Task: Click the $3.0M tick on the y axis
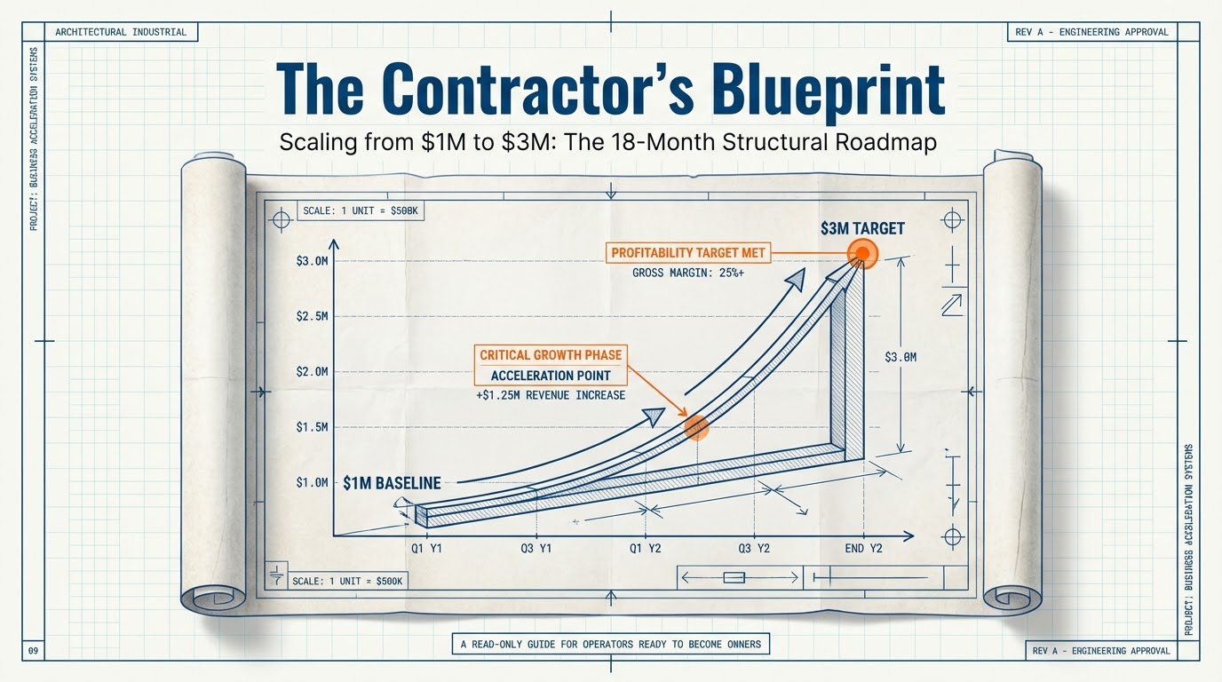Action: pos(313,261)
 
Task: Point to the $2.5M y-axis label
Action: pos(313,317)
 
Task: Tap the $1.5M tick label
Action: pos(313,427)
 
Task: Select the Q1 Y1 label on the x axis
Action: pos(427,549)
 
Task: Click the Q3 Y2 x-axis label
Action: pos(754,549)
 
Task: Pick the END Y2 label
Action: pos(864,549)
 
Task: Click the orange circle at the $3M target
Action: pos(861,254)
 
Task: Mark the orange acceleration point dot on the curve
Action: pos(696,428)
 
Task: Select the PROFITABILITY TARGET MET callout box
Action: pos(687,253)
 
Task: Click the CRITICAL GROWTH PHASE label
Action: pos(551,355)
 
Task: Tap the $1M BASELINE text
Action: pos(392,483)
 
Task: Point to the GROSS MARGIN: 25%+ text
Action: pos(687,274)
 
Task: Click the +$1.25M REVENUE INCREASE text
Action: pos(551,395)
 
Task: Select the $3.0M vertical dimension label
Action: pos(901,356)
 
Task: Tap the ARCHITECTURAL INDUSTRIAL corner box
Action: pos(121,32)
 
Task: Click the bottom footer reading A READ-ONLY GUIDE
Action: pos(611,644)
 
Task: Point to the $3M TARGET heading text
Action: pos(862,228)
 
